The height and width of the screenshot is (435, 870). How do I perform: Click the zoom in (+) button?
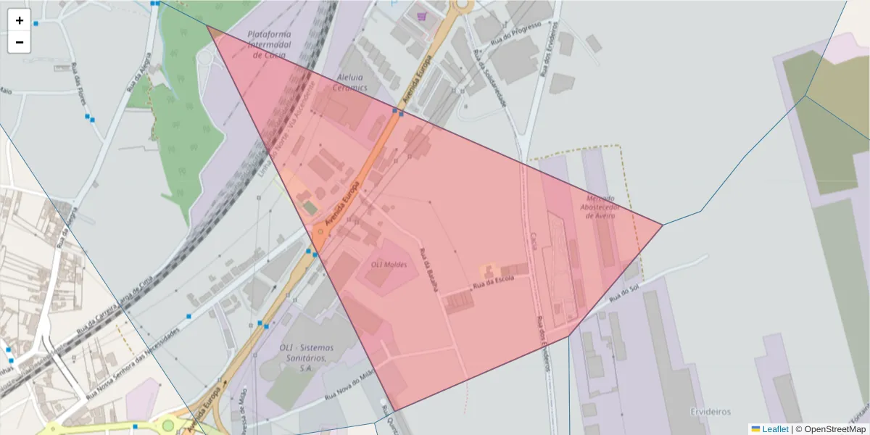(19, 20)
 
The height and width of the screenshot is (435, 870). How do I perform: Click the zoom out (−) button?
(19, 42)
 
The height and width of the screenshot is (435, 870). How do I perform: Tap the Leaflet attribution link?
(774, 429)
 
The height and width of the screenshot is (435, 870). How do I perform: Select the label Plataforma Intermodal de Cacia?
(269, 44)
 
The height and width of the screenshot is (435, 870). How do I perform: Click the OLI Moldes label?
(389, 265)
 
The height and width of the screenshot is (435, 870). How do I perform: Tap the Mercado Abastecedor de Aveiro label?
(598, 207)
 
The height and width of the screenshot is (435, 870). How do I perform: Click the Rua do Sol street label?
(623, 291)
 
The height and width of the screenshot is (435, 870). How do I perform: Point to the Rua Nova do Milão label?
(348, 386)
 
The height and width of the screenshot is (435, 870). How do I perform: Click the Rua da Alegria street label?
(138, 72)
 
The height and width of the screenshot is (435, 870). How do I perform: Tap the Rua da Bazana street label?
(429, 270)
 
